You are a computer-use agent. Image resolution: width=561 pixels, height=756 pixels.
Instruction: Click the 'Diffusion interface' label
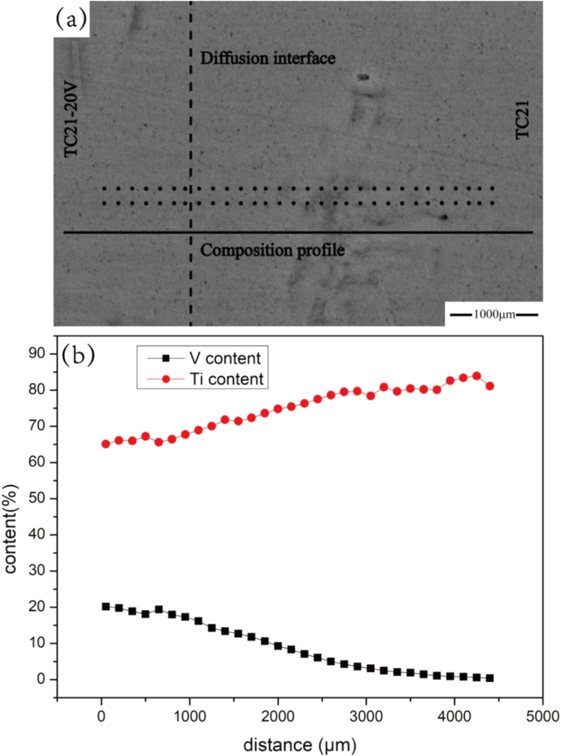268,58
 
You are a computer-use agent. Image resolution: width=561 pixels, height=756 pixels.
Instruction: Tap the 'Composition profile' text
272,251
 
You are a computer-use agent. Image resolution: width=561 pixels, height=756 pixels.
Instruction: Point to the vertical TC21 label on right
523,120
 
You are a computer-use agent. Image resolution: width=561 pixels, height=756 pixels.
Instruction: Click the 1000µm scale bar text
494,315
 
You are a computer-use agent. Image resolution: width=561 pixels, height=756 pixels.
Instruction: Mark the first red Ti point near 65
106,444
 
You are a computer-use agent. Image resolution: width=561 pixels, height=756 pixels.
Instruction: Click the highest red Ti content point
476,376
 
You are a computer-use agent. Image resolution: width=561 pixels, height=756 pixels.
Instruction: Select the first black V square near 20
106,607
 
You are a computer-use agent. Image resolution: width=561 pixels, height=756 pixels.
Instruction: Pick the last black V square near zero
489,678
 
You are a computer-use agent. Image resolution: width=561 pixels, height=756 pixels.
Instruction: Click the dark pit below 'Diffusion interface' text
363,77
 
